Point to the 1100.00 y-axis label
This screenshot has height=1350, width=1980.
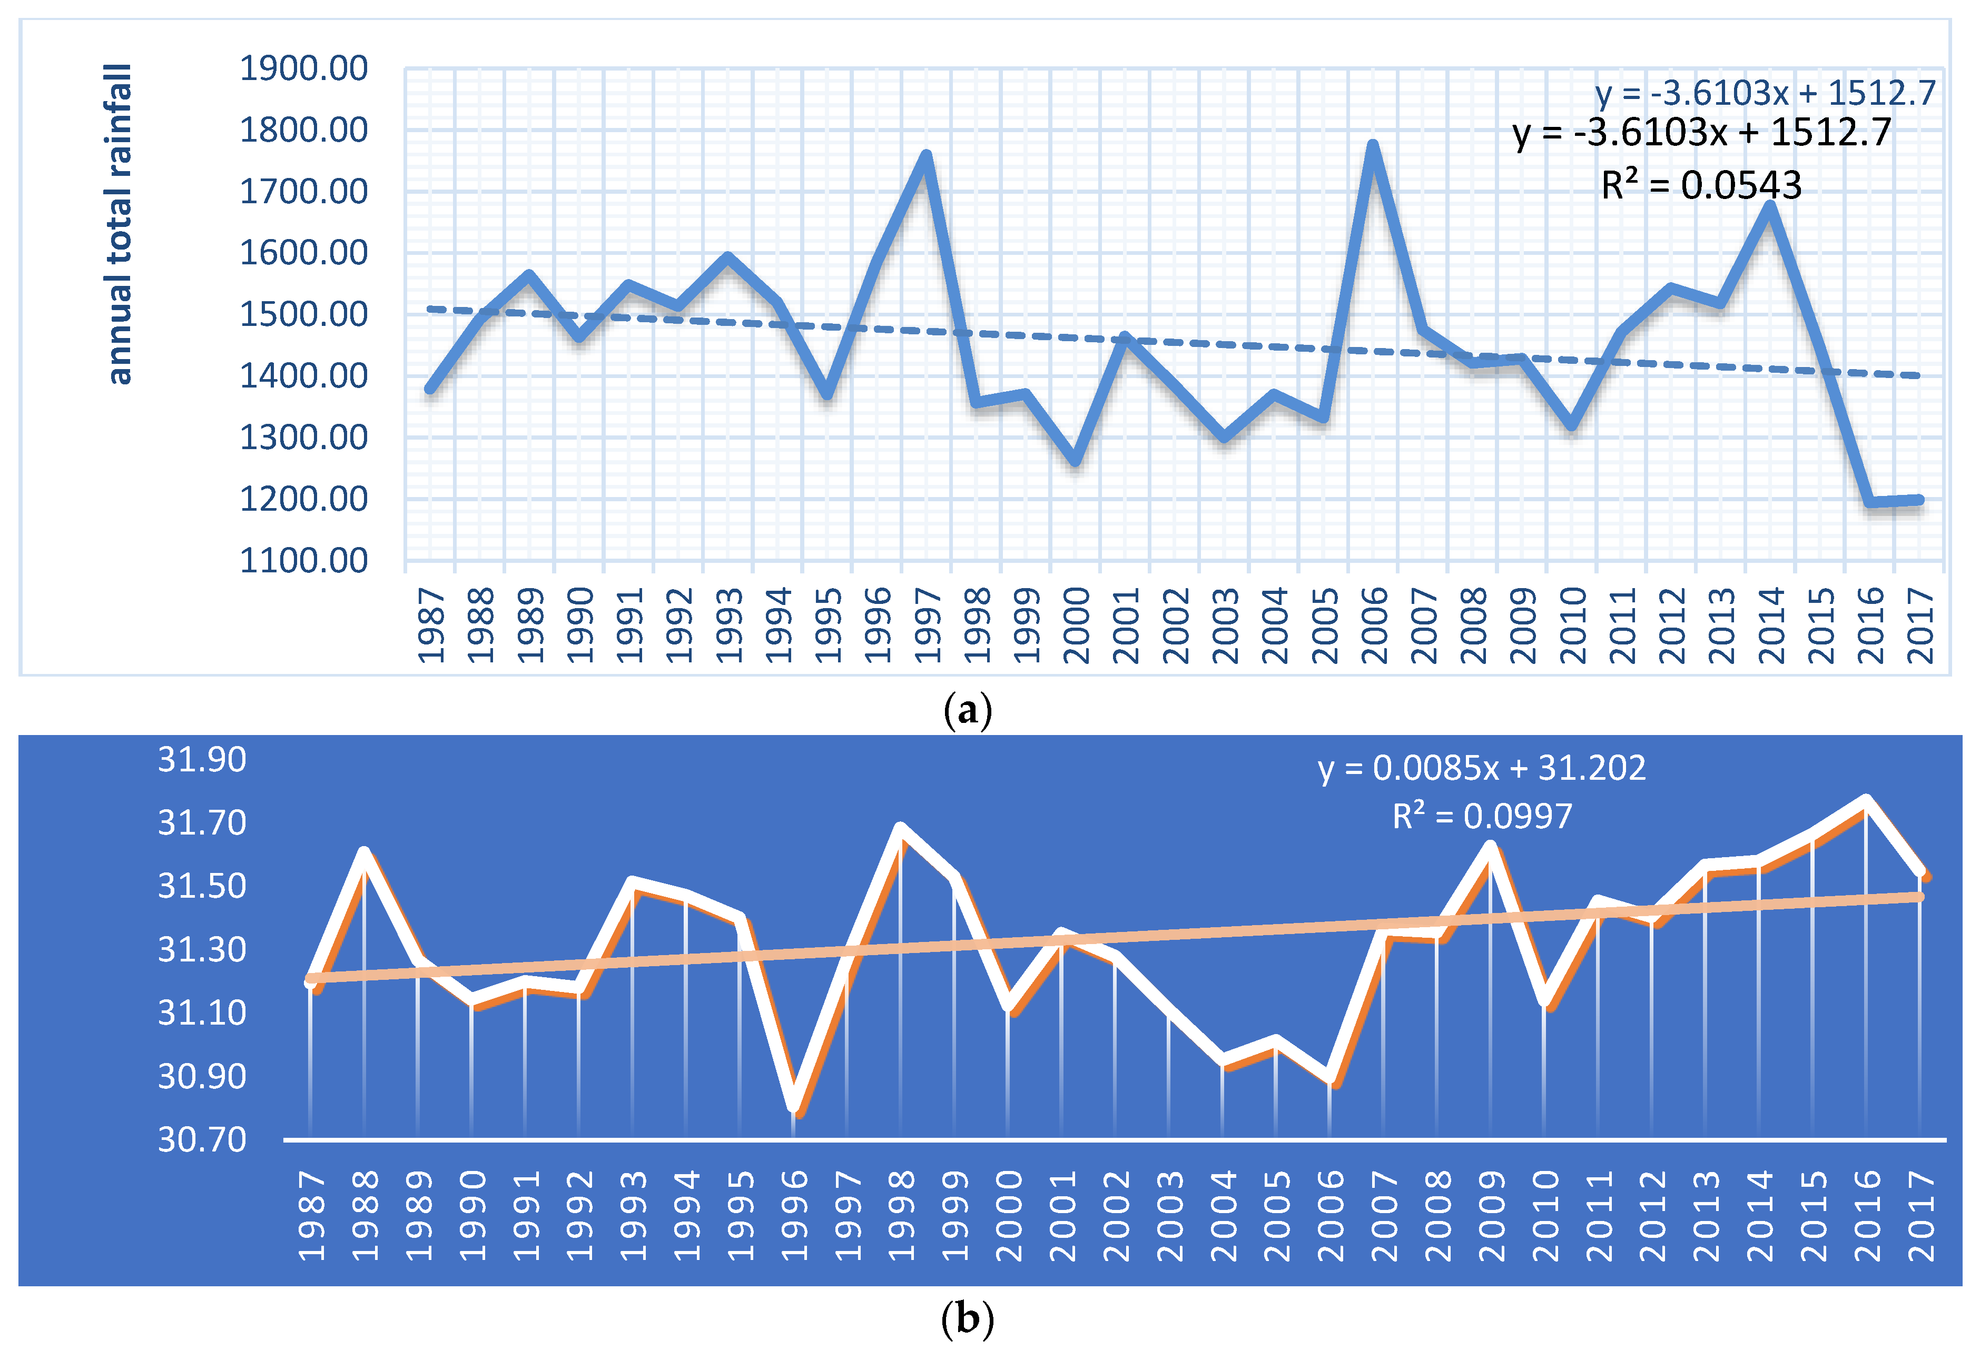[x=303, y=560]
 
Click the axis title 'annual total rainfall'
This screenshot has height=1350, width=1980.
[x=119, y=224]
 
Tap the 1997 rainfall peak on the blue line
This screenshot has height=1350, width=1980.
[x=926, y=155]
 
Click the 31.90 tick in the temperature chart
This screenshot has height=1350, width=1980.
[x=202, y=759]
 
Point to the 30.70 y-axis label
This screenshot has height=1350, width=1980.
[x=202, y=1139]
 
